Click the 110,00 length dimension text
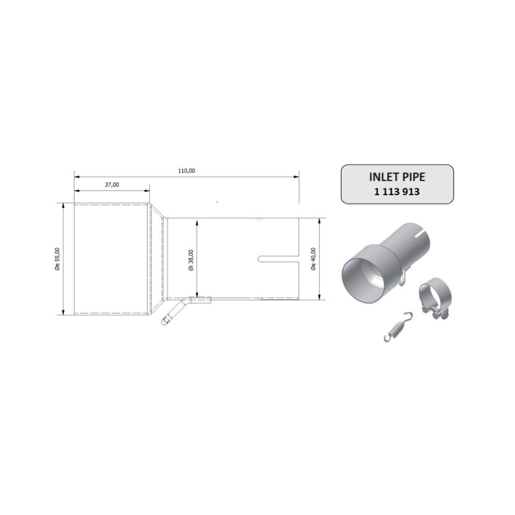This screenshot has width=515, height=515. (x=187, y=170)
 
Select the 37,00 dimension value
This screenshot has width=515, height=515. (x=112, y=184)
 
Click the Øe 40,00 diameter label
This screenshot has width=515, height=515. (x=314, y=259)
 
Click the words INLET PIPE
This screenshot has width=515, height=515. (x=397, y=177)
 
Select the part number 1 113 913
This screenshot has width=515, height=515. (x=397, y=192)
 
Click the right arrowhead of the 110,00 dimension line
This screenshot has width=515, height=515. (x=297, y=177)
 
